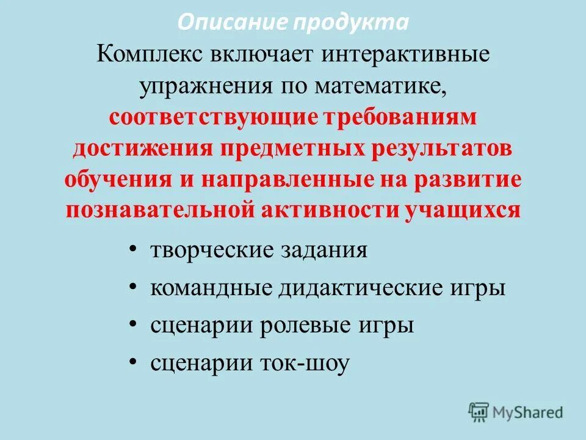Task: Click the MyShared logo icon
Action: point(479,412)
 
